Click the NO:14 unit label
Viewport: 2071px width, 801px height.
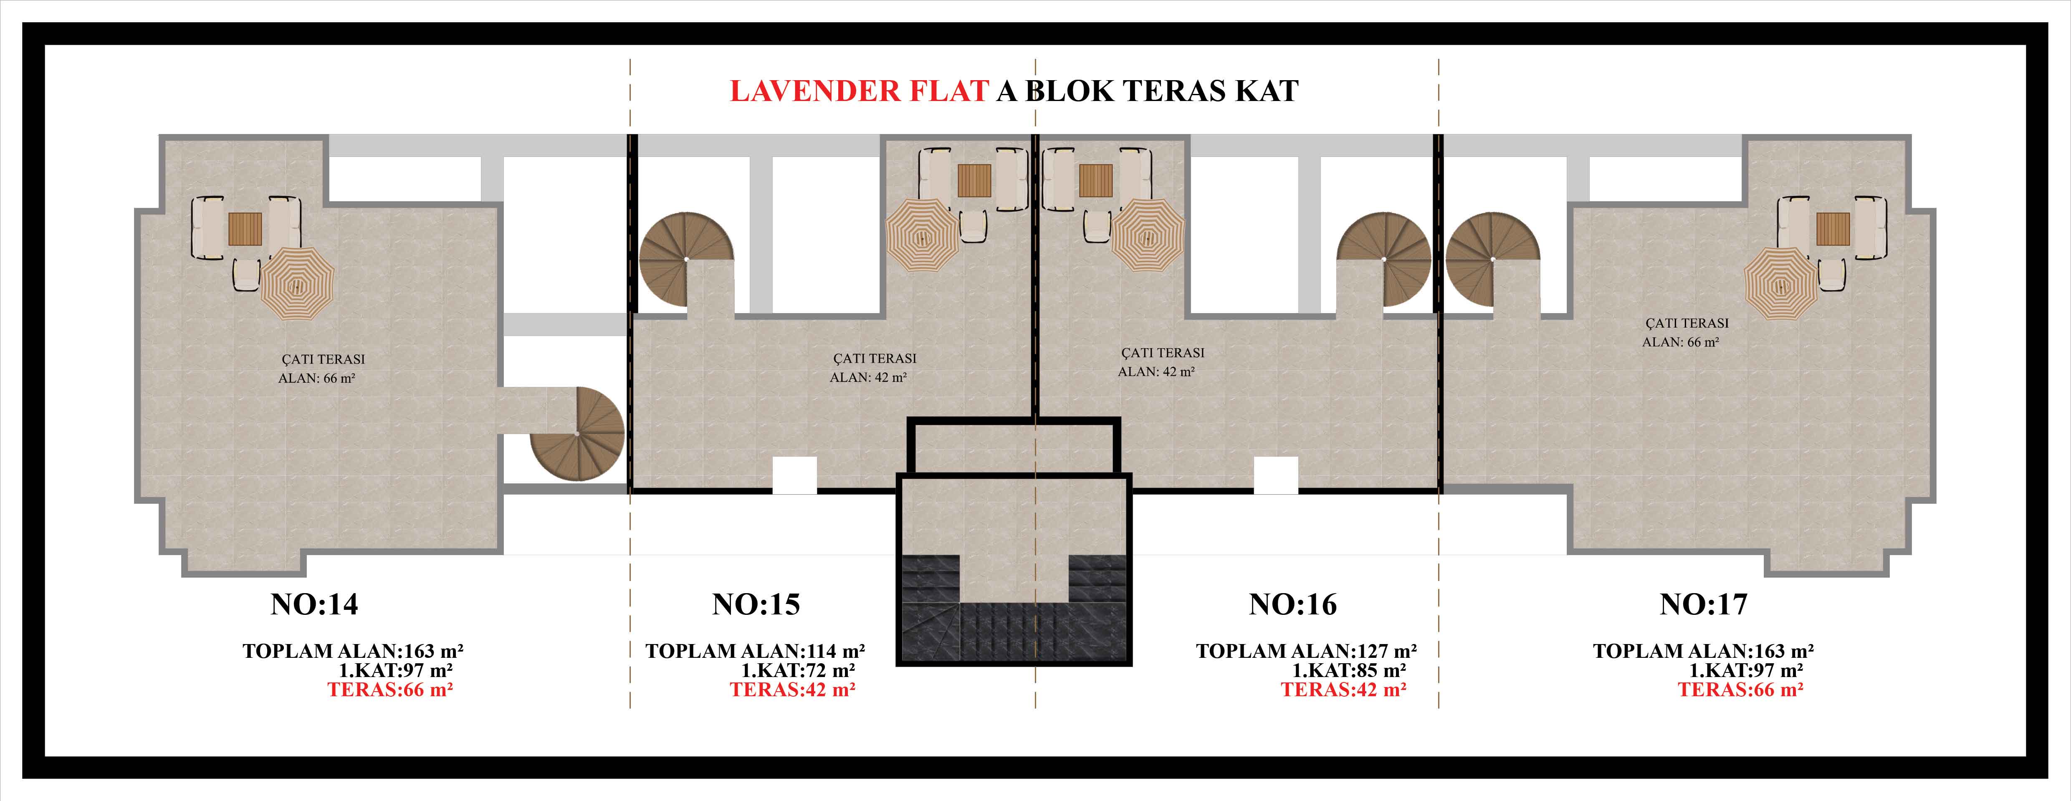[314, 604]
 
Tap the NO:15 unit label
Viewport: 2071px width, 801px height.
[756, 604]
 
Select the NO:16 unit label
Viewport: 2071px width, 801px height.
[1293, 604]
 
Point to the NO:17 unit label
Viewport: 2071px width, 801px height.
[1704, 604]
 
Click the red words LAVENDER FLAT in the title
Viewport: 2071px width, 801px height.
[859, 91]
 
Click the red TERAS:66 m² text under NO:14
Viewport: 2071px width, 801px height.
[390, 689]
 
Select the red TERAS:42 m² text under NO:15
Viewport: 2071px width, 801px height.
[793, 689]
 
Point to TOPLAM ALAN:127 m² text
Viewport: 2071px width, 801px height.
[1307, 651]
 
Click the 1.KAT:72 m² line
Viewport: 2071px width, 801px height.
[798, 670]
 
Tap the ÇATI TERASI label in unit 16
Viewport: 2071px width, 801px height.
[1163, 352]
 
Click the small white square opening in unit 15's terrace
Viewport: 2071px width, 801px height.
[794, 475]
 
